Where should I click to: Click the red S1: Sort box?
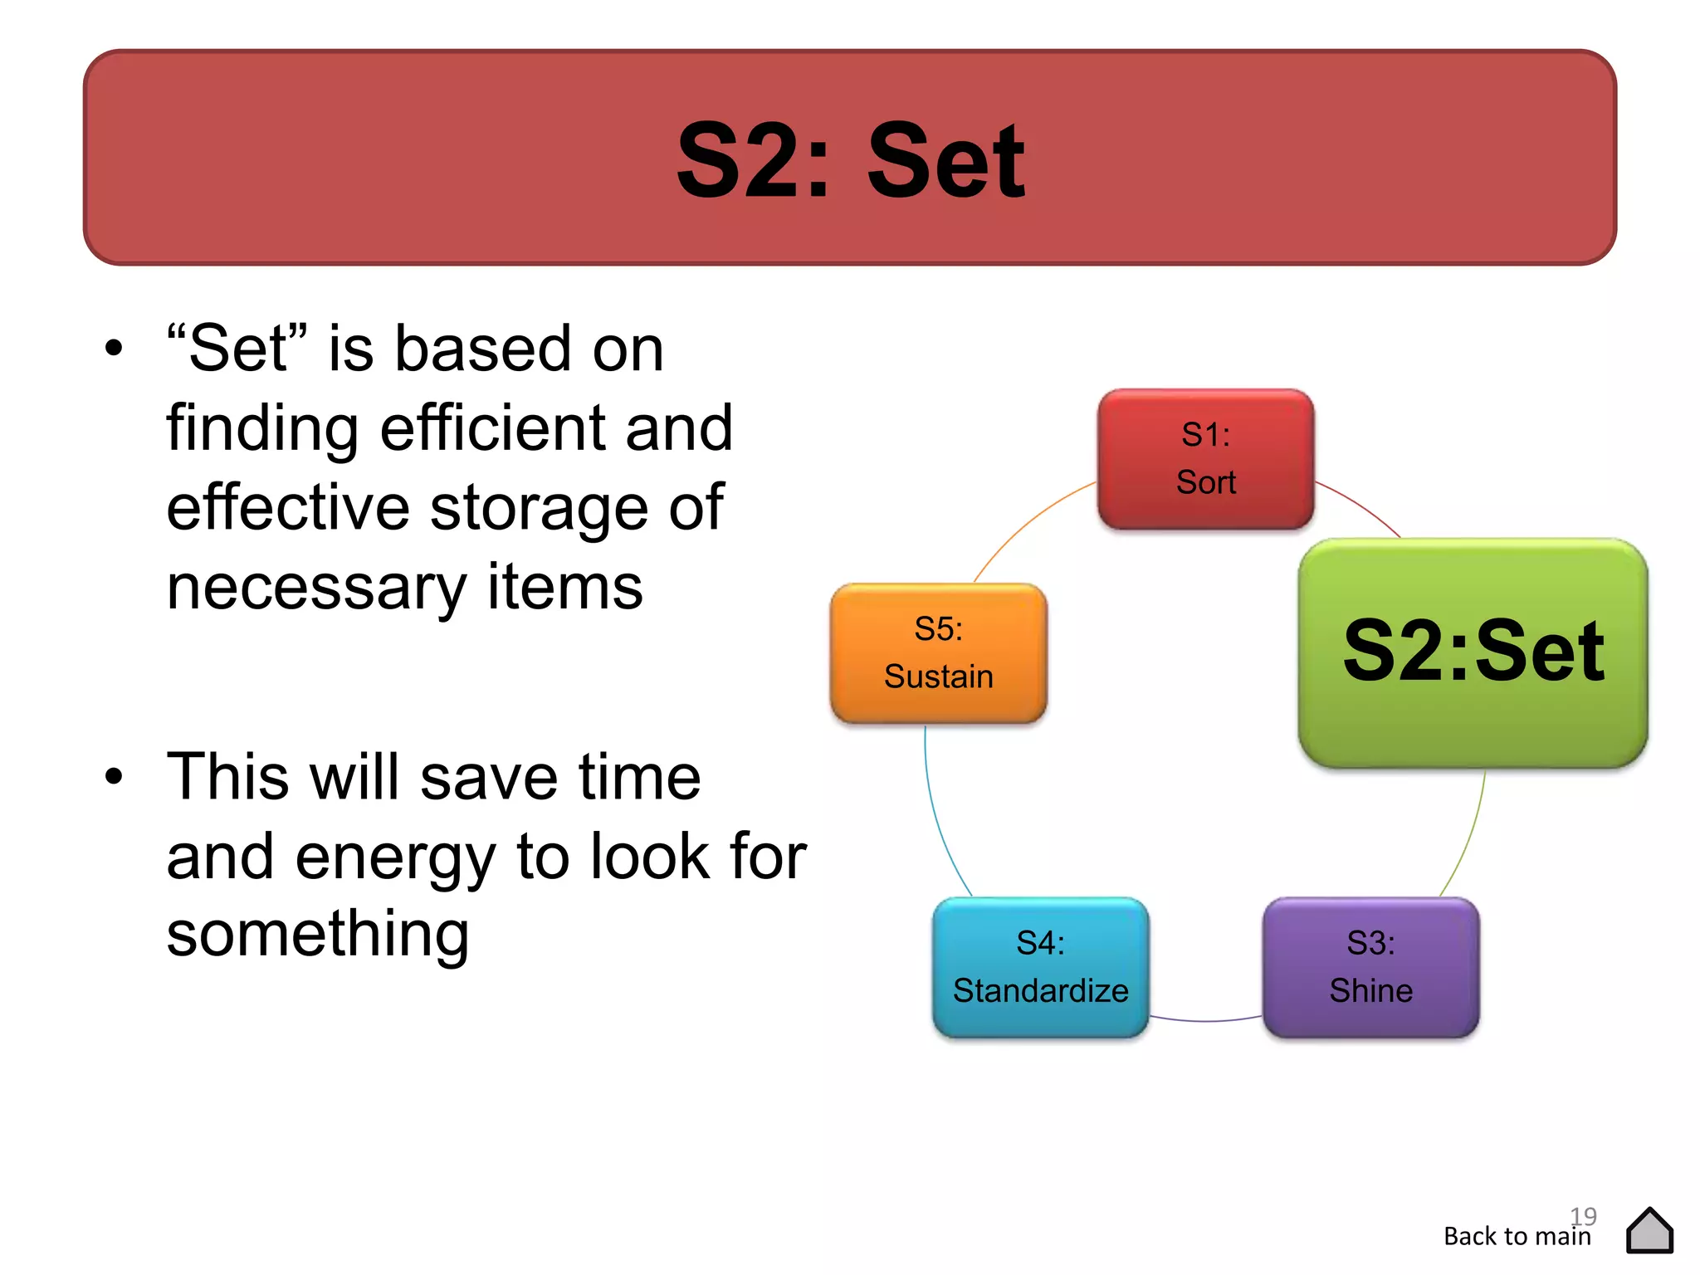click(x=1205, y=459)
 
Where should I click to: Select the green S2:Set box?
click(x=1473, y=652)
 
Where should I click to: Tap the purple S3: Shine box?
click(x=1370, y=967)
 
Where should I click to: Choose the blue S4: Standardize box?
click(x=1040, y=967)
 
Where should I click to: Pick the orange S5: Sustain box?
click(x=938, y=653)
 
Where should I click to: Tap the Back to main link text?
click(x=1517, y=1237)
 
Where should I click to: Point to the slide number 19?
click(x=1584, y=1215)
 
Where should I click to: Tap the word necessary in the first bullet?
click(x=316, y=588)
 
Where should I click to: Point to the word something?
click(x=317, y=935)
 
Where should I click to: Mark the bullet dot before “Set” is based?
click(x=114, y=349)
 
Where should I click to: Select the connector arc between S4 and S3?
click(x=1205, y=1019)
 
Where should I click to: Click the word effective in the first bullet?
click(x=287, y=507)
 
